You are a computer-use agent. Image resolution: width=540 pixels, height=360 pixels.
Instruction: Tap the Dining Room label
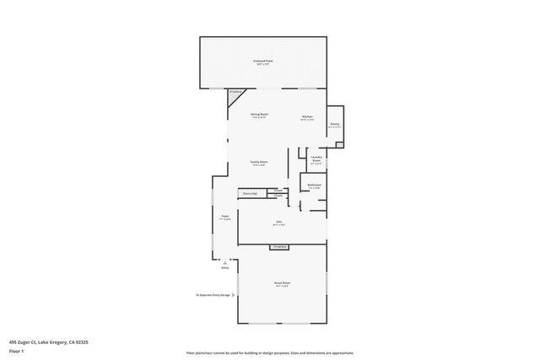(x=259, y=115)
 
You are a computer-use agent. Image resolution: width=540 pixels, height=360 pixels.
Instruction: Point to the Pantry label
(x=334, y=124)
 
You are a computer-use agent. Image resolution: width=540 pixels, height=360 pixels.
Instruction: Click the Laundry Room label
(x=316, y=159)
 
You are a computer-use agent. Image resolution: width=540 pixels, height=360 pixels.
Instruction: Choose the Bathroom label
(x=314, y=185)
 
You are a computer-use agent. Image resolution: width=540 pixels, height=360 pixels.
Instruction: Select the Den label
(x=278, y=223)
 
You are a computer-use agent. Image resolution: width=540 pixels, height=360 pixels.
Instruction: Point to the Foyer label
(x=225, y=217)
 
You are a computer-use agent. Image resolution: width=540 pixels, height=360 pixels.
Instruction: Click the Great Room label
(x=281, y=283)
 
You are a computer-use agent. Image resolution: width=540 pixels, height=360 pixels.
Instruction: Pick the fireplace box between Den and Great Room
(x=279, y=246)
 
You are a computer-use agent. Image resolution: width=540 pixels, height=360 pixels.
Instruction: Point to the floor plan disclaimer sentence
(x=270, y=353)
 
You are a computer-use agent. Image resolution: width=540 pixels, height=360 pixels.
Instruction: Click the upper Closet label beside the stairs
(x=278, y=191)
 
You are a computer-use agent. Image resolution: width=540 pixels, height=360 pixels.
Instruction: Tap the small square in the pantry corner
(x=339, y=144)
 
